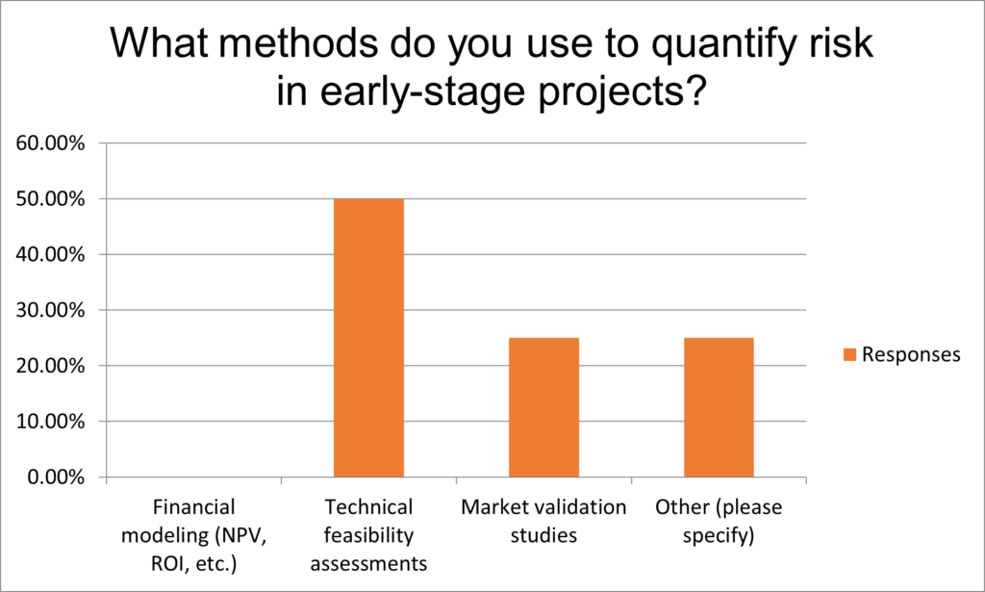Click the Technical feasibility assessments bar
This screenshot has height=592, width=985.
[x=368, y=338]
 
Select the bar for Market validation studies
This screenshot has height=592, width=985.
[x=544, y=407]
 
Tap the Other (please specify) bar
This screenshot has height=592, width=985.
[x=719, y=407]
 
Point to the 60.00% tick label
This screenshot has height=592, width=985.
[x=50, y=143]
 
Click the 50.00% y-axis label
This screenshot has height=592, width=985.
[x=50, y=199]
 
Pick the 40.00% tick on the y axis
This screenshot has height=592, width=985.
[x=50, y=254]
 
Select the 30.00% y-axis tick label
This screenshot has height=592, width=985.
[x=50, y=311]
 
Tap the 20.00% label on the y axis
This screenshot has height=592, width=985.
[x=50, y=366]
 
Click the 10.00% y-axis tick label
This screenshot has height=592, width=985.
[x=50, y=422]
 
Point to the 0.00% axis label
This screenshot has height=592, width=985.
[x=56, y=477]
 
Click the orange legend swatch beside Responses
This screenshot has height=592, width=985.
[x=849, y=354]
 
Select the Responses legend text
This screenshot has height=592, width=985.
[x=911, y=354]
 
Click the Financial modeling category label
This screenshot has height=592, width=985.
[x=193, y=535]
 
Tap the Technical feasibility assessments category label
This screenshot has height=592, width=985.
[x=368, y=535]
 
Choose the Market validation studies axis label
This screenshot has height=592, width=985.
[x=544, y=521]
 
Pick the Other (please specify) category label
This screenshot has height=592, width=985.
[x=719, y=521]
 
